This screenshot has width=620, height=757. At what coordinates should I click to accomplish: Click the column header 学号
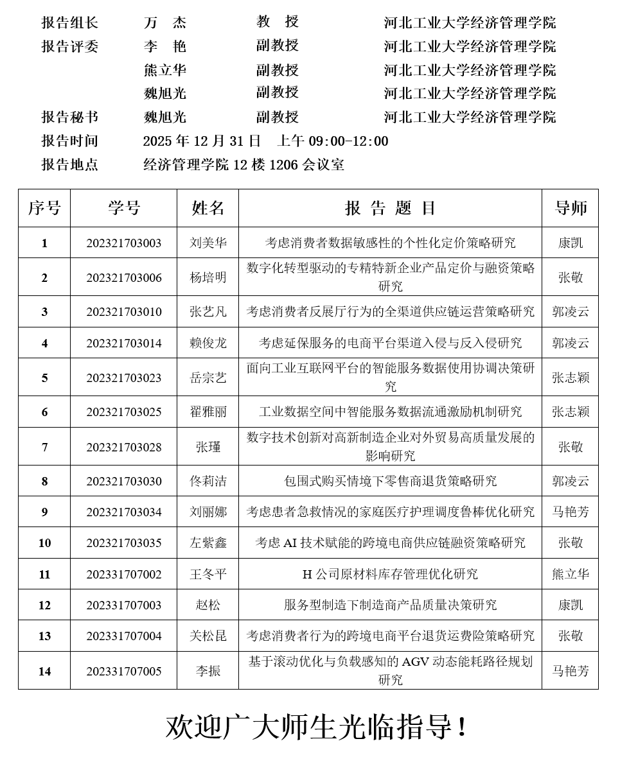click(123, 208)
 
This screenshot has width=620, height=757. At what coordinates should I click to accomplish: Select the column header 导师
click(571, 208)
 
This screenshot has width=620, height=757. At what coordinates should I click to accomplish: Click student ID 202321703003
click(123, 243)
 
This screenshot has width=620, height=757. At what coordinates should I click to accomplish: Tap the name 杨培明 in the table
click(208, 277)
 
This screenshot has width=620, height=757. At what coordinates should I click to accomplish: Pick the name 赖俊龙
click(208, 343)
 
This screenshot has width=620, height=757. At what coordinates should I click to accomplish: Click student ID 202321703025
click(123, 412)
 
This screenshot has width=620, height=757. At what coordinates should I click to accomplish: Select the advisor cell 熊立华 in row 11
click(571, 574)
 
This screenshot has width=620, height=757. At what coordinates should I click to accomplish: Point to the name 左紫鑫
click(208, 543)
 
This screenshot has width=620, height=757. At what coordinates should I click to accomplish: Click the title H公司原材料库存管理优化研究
click(390, 574)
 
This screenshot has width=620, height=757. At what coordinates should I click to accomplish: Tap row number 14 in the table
click(44, 671)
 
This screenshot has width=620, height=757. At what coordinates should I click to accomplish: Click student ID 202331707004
click(123, 636)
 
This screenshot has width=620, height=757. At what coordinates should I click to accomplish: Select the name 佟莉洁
click(208, 482)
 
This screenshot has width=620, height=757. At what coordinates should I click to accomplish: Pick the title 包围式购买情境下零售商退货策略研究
click(390, 482)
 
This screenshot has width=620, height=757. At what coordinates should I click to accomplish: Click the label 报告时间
click(70, 141)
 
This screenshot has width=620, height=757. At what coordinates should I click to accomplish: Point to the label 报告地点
click(70, 165)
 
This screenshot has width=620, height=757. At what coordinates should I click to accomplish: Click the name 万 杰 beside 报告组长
click(165, 23)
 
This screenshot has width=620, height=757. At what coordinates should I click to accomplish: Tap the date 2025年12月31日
click(202, 141)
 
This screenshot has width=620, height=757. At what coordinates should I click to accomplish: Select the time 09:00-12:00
click(348, 141)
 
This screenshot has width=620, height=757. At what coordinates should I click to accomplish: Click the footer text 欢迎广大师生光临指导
click(316, 727)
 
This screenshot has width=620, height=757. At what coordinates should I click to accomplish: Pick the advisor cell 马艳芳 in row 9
click(571, 512)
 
